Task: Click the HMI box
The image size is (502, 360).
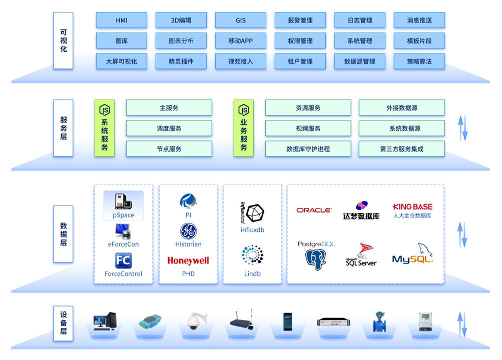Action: pyautogui.click(x=122, y=20)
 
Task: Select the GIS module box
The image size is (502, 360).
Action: pyautogui.click(x=241, y=20)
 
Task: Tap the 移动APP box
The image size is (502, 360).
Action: pyautogui.click(x=241, y=41)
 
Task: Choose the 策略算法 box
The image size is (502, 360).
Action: pyautogui.click(x=419, y=61)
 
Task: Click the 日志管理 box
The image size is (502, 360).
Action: pyautogui.click(x=360, y=20)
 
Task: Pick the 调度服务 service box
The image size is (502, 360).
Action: pyautogui.click(x=169, y=128)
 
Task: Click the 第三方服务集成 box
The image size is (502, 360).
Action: pyautogui.click(x=402, y=149)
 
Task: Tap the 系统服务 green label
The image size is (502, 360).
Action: pyautogui.click(x=105, y=128)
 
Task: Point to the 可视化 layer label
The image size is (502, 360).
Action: pyautogui.click(x=64, y=41)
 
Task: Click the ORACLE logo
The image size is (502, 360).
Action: pyautogui.click(x=314, y=210)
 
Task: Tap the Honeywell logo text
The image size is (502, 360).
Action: pyautogui.click(x=188, y=260)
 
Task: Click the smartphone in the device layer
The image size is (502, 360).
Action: pyautogui.click(x=287, y=321)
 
